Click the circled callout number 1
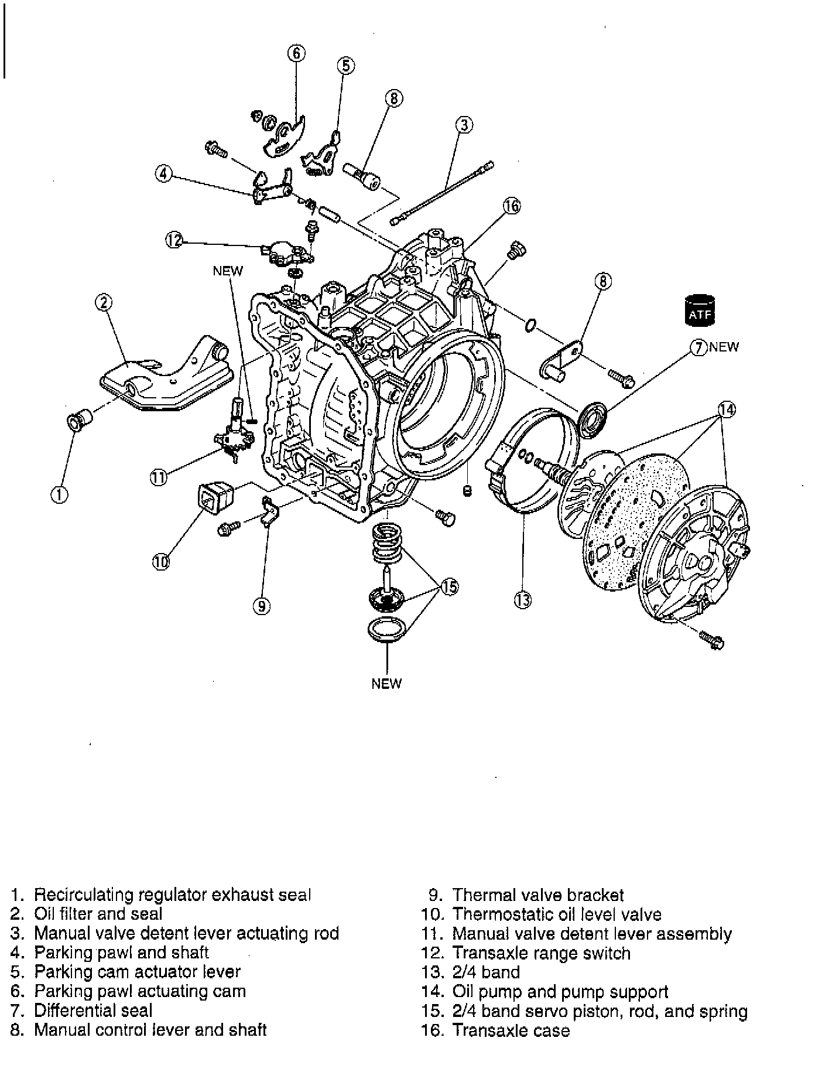tap(59, 494)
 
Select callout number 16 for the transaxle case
tap(512, 206)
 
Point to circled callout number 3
tap(464, 125)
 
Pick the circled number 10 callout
tap(161, 562)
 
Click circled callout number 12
tap(174, 241)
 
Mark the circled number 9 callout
tap(262, 606)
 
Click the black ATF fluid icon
tap(700, 310)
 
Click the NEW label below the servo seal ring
tap(386, 683)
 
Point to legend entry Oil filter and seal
tap(98, 914)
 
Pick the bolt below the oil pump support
tap(712, 640)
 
